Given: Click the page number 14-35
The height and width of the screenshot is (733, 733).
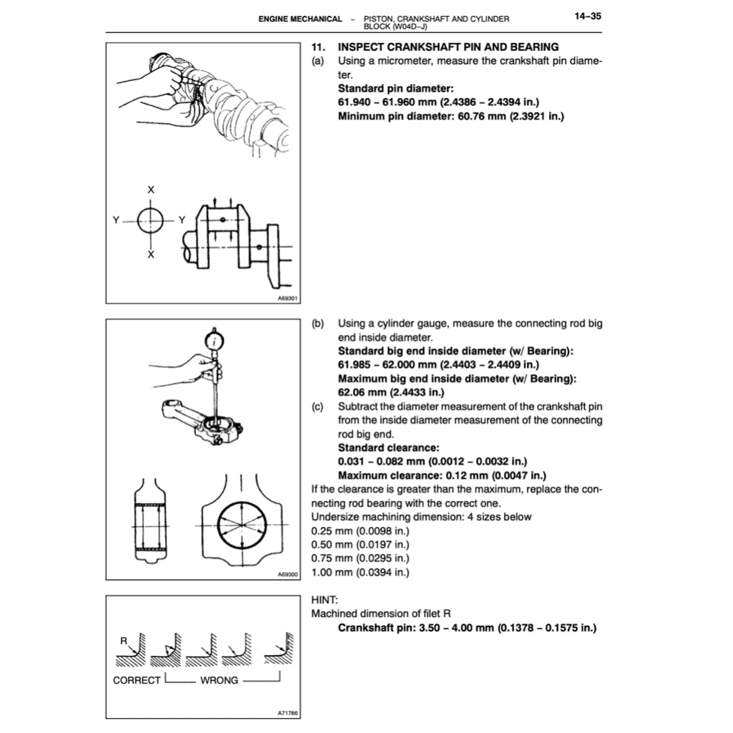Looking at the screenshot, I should tap(586, 16).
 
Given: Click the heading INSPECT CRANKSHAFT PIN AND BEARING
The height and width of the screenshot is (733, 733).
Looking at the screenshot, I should tap(448, 48).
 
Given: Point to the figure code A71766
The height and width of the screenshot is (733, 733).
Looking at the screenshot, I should tap(288, 712).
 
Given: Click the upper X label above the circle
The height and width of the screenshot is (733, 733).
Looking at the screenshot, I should tap(150, 190).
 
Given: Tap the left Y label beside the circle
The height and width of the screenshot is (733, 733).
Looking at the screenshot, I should tap(116, 220).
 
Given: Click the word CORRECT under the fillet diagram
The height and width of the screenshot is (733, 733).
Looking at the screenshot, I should tap(137, 680).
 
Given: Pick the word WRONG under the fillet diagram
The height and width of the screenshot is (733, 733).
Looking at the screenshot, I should tap(219, 680).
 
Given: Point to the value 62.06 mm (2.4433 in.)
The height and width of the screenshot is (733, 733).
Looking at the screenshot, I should tap(391, 392).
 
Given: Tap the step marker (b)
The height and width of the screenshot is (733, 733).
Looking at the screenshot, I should tap(319, 324).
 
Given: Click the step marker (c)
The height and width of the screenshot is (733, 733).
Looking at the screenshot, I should tap(319, 407).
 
